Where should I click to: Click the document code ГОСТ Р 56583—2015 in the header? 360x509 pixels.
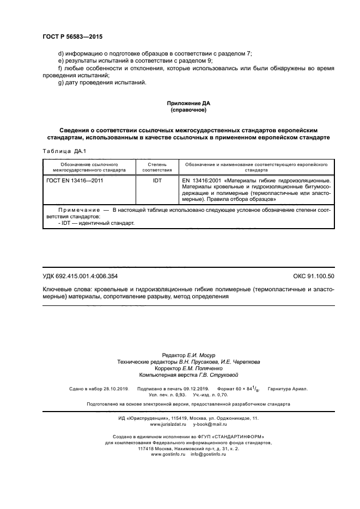point(72,36)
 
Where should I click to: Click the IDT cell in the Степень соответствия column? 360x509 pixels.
point(157,179)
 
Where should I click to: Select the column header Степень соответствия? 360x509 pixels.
point(157,167)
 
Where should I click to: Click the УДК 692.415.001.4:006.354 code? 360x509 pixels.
point(80,277)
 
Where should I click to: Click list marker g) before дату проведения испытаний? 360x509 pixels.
point(60,82)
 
